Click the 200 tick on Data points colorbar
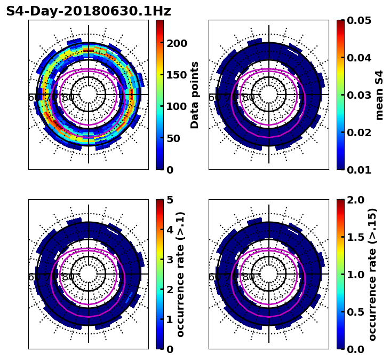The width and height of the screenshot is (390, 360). click(x=176, y=43)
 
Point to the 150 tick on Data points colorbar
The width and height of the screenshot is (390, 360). click(x=176, y=75)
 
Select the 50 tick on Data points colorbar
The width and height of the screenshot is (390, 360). click(x=173, y=138)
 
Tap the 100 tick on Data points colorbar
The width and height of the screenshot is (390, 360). click(x=176, y=106)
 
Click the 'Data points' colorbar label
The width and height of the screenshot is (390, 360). click(x=195, y=95)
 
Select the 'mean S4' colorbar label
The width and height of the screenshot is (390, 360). click(x=379, y=95)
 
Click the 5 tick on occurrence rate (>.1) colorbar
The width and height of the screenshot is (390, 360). click(x=170, y=200)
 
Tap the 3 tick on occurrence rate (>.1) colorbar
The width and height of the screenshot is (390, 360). click(x=170, y=260)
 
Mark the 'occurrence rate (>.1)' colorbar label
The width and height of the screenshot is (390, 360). click(x=180, y=275)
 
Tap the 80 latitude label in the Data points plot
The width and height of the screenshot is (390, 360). click(x=68, y=98)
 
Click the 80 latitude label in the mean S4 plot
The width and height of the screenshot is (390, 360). click(x=249, y=98)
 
